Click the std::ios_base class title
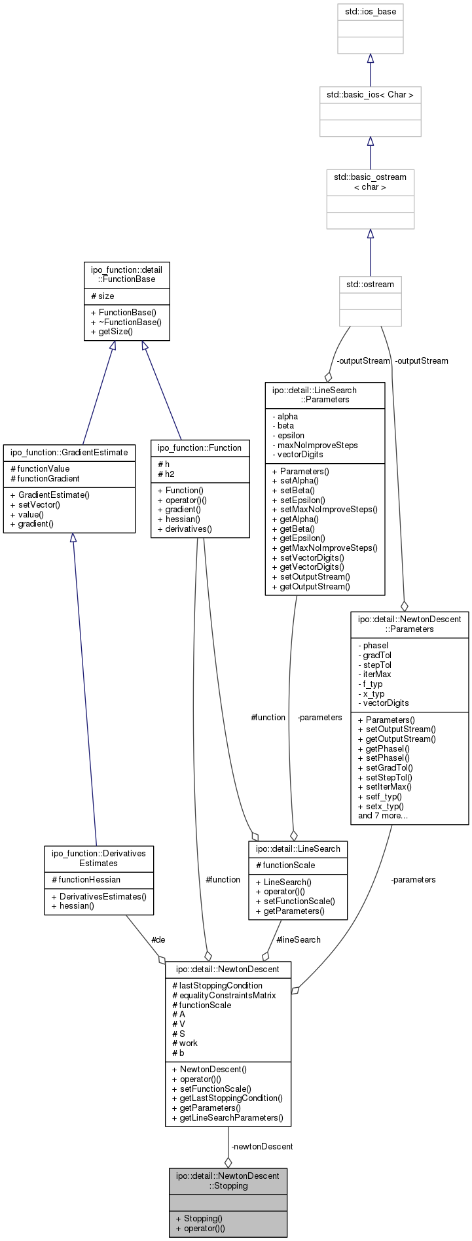[370, 12]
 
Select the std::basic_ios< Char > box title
[370, 95]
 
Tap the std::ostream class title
[370, 285]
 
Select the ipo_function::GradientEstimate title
[69, 452]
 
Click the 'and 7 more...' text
[383, 815]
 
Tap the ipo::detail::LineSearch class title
[298, 848]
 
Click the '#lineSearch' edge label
[299, 939]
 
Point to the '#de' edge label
[158, 939]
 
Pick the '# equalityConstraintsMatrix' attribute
[224, 995]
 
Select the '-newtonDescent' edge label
[262, 1146]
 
